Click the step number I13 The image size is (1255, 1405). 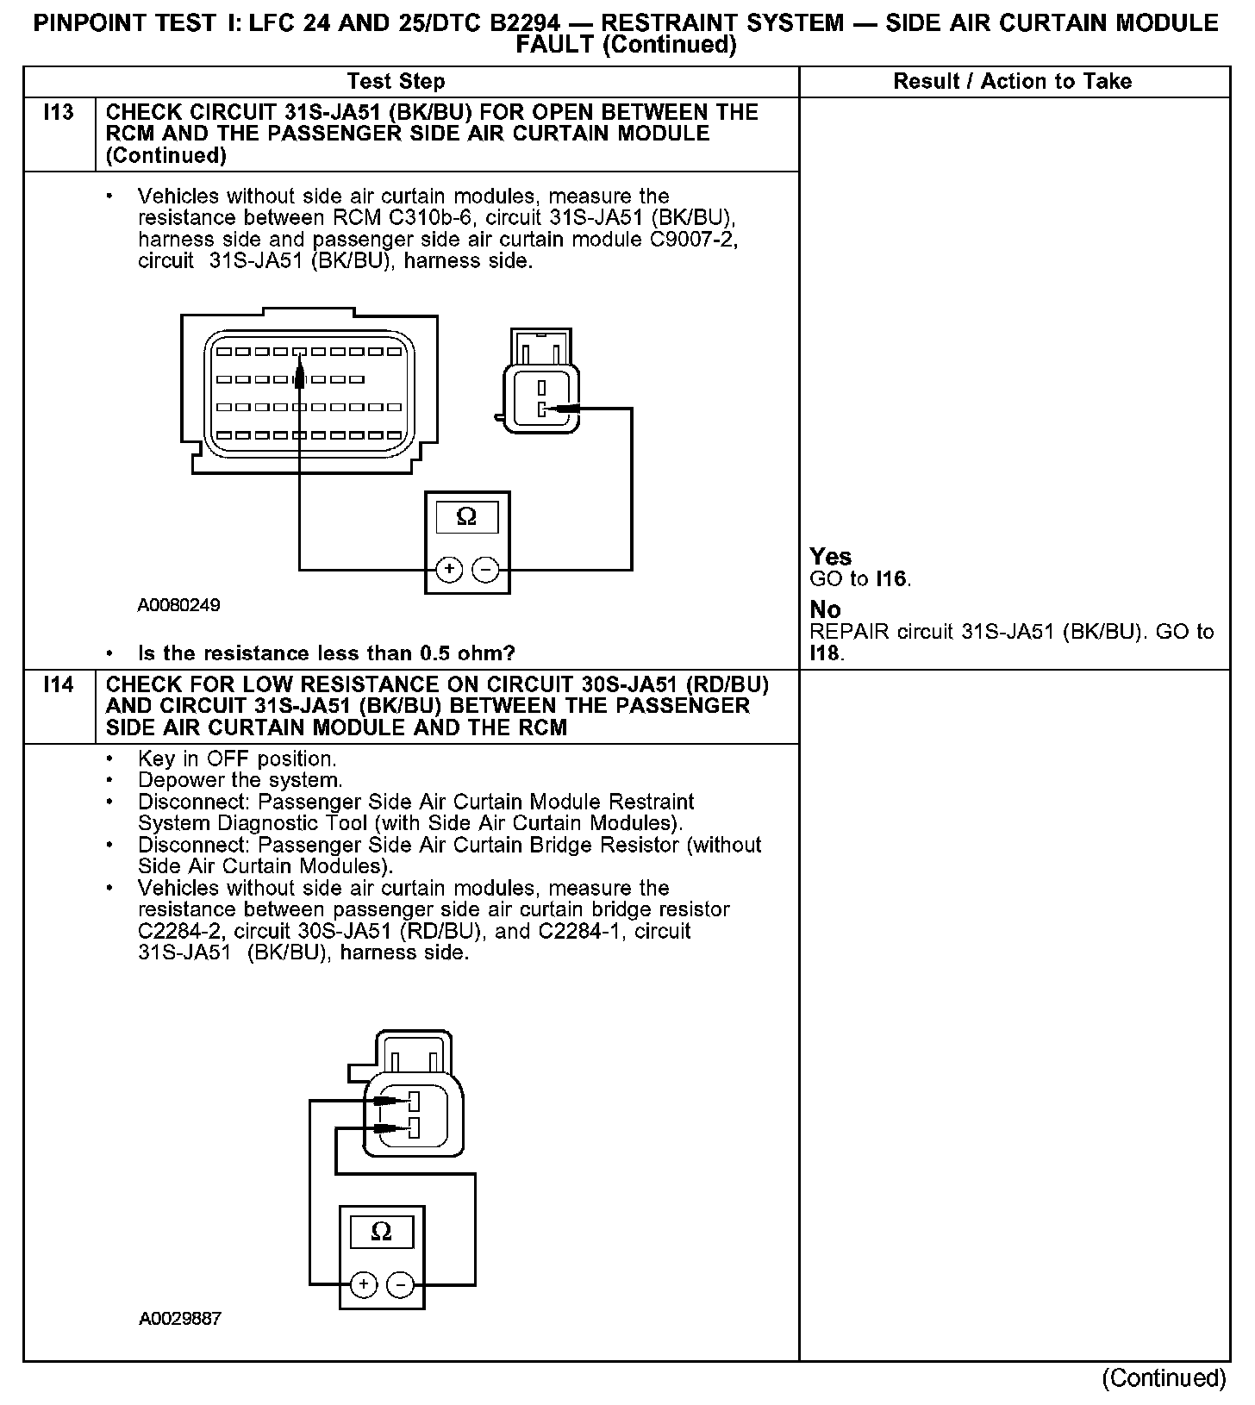58,113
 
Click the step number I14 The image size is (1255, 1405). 58,685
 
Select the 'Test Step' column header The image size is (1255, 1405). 396,82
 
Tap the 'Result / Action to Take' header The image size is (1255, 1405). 1013,82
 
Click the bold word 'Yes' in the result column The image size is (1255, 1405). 831,557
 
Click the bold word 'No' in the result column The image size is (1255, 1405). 826,609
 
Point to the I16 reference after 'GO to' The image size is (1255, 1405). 892,579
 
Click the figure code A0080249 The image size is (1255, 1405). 178,605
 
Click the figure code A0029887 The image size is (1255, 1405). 179,1320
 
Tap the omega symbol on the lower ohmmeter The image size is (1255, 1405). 381,1232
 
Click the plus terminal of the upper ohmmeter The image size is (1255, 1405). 449,570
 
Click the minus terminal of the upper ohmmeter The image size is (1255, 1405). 486,570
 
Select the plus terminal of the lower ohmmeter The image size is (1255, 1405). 364,1285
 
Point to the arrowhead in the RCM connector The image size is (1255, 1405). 299,372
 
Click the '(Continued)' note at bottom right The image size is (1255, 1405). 1164,1378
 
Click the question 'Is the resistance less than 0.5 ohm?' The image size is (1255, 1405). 326,653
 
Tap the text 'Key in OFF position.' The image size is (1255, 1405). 237,759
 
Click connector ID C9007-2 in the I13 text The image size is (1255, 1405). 693,240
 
